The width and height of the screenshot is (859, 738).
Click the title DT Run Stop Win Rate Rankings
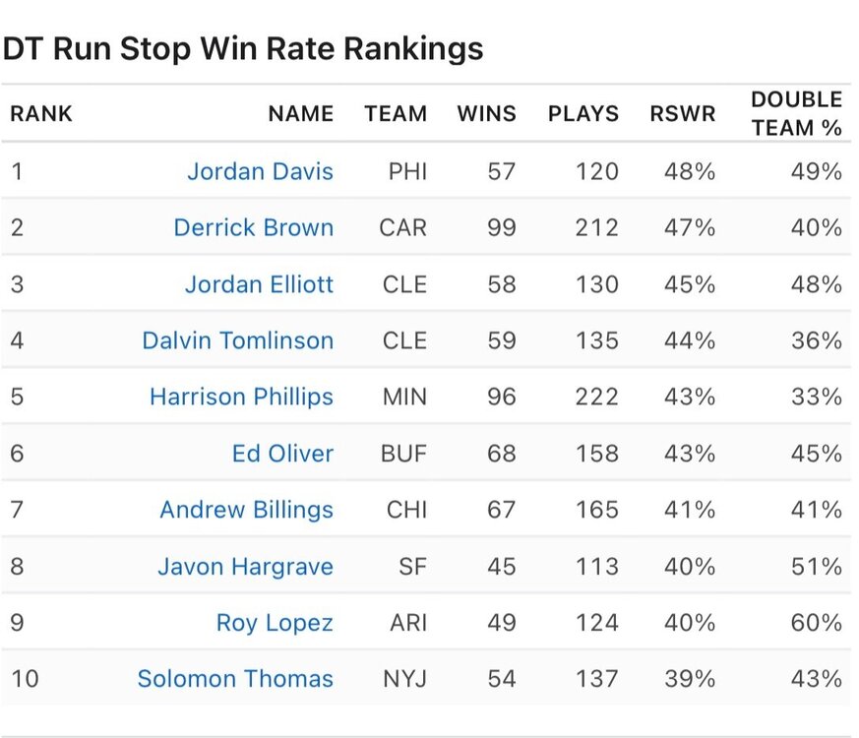242,48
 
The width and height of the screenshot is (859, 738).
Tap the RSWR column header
682,113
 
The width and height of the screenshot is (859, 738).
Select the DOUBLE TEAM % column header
796,113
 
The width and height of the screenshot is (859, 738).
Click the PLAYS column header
583,113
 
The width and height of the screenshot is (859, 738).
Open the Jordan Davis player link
260,171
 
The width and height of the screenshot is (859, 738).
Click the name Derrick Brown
253,227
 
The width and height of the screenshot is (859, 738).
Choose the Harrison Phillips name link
241,397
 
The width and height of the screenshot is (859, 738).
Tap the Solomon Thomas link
235,678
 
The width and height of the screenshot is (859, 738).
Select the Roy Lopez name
275,623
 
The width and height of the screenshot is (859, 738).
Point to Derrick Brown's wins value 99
501,227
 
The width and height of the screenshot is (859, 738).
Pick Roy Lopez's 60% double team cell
817,623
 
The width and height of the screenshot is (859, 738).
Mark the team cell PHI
407,171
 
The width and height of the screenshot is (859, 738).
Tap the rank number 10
24,678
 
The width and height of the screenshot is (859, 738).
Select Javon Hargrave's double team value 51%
817,567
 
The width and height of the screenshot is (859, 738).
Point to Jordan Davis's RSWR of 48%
690,171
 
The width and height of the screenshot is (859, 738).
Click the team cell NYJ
404,678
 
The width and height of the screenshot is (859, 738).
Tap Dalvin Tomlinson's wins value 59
501,340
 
